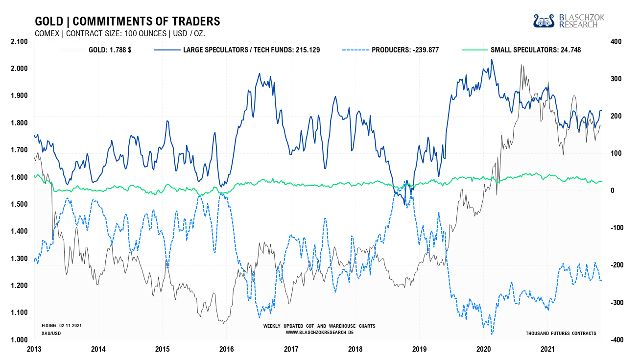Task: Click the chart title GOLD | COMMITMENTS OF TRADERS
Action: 127,22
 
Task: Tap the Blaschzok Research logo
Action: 569,21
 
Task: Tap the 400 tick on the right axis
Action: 616,42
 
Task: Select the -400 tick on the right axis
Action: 615,340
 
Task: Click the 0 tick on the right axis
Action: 613,191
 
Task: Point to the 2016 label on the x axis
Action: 227,349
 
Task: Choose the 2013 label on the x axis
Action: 34,349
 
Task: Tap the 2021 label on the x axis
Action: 548,349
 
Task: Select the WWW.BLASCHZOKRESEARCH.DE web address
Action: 319,332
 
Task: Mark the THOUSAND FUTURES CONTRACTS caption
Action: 561,333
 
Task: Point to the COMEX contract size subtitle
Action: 120,34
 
